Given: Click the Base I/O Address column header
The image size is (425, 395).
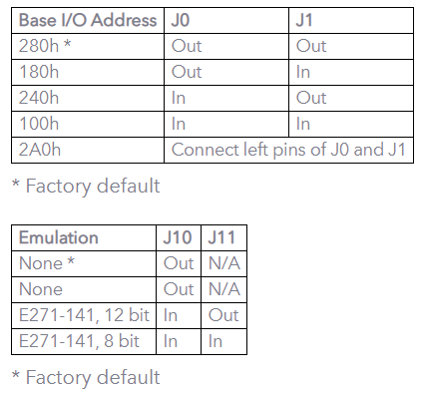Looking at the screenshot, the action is [x=88, y=20].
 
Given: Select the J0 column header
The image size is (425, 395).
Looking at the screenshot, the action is [x=181, y=20].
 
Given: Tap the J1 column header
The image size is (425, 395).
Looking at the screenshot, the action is [x=304, y=20].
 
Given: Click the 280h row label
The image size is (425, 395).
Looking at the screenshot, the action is [x=45, y=46].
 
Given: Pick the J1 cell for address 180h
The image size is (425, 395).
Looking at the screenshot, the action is [x=303, y=72].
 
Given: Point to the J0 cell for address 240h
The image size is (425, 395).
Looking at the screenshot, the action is [x=179, y=98].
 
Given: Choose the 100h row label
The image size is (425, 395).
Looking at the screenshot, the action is [x=39, y=124].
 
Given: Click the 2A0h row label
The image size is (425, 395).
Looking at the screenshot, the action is [x=40, y=150].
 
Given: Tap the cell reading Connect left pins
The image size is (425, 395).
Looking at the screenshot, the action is [x=288, y=150].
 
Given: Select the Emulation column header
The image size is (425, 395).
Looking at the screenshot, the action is [x=59, y=237].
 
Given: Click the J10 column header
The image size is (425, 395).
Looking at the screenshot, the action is [x=178, y=237].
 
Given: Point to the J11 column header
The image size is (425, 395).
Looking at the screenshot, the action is [x=221, y=237].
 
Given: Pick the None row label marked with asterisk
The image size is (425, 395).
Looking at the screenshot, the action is [x=47, y=263].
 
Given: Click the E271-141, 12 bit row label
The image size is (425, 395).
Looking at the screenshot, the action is [x=84, y=315].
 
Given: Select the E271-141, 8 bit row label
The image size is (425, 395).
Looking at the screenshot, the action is [x=79, y=341].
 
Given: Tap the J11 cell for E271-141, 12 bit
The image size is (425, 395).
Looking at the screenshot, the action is [x=223, y=315].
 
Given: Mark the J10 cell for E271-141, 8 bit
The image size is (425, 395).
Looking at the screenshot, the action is [x=171, y=341].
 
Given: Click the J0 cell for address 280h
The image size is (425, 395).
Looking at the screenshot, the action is [x=187, y=46].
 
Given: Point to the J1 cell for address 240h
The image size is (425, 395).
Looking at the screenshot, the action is [x=311, y=98].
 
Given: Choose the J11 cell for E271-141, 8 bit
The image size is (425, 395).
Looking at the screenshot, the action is [x=215, y=341].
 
